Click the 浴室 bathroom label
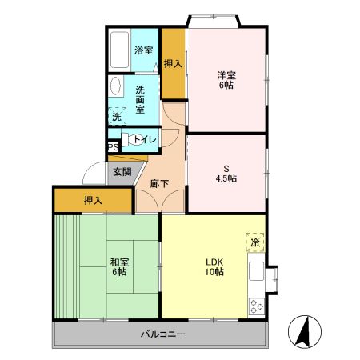[145, 50]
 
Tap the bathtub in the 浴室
[121, 51]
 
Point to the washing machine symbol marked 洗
[117, 116]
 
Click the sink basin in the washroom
[115, 86]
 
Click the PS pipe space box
[113, 147]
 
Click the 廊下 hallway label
[159, 183]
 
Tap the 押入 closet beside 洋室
[173, 63]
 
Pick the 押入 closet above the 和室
[93, 199]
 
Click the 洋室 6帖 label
[226, 80]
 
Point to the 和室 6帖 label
[118, 266]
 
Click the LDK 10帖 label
[214, 266]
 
